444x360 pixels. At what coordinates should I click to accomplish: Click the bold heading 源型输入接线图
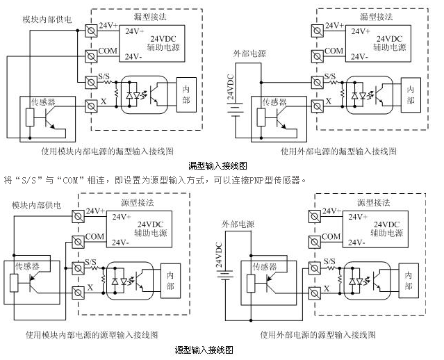click(x=203, y=350)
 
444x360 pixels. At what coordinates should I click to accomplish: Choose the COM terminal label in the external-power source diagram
click(x=333, y=236)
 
